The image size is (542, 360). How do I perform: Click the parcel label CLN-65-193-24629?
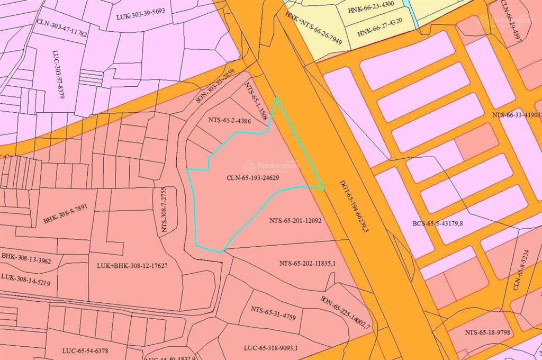tap(253, 178)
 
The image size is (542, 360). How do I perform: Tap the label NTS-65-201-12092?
tap(295, 221)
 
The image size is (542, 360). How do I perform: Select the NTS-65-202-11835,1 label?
tap(308, 263)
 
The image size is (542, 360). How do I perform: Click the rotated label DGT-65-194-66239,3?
tap(354, 207)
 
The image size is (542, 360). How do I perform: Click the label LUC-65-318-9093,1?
tap(272, 348)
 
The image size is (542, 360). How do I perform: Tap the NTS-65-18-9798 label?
tap(487, 332)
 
